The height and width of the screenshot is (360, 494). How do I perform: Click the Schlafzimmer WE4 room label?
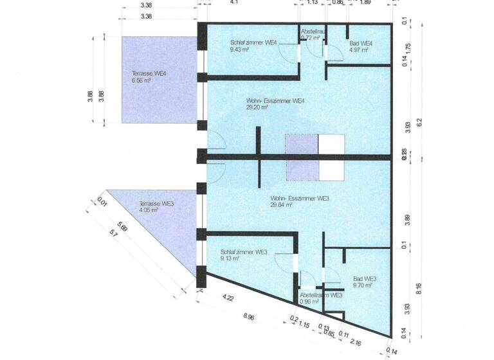pyautogui.click(x=253, y=43)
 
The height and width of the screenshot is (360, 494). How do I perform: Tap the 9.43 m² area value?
pyautogui.click(x=239, y=51)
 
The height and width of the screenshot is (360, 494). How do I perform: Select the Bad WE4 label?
pyautogui.click(x=361, y=43)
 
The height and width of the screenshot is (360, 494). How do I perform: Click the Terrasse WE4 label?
pyautogui.click(x=149, y=74)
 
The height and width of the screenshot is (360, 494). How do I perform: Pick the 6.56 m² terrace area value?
pyautogui.click(x=141, y=82)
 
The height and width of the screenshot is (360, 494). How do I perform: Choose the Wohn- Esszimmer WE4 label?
pyautogui.click(x=275, y=101)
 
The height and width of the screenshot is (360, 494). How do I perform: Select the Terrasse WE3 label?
pyautogui.click(x=156, y=204)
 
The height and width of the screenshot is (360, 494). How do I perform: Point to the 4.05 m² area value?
pyautogui.click(x=149, y=211)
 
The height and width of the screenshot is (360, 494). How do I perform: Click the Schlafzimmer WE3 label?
pyautogui.click(x=244, y=252)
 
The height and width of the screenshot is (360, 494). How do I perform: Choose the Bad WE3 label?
pyautogui.click(x=365, y=278)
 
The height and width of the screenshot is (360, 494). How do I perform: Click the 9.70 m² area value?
pyautogui.click(x=361, y=285)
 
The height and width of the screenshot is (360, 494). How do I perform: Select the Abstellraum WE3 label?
pyautogui.click(x=321, y=294)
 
